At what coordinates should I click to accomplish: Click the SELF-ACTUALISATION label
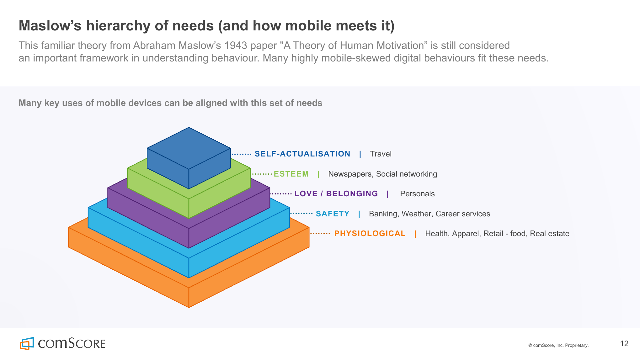pos(302,154)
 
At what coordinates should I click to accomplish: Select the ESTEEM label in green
pos(291,174)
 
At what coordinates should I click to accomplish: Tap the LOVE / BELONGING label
pos(336,194)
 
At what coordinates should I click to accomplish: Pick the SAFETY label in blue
pos(333,214)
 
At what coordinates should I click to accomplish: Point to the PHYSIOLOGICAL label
pos(370,234)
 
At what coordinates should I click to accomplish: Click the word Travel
pos(381,154)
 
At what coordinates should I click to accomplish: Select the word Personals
pos(417,194)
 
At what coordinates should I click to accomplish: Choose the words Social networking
pos(407,174)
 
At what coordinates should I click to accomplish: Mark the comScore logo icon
pos(27,343)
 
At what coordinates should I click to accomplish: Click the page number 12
pos(624,344)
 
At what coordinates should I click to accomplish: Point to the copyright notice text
pos(558,345)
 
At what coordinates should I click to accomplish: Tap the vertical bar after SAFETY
pos(359,214)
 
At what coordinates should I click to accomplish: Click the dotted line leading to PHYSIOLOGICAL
pos(320,234)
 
